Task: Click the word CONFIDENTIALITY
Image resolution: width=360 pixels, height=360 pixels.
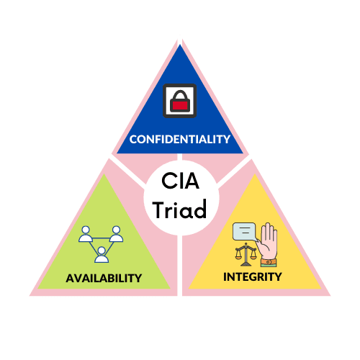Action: pos(180,139)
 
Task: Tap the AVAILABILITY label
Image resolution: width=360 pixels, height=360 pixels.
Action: pos(104,278)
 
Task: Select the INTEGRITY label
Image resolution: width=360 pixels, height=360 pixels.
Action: pos(253,276)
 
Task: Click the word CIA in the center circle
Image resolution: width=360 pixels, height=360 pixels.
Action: pos(180,181)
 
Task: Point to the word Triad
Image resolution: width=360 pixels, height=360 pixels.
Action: pos(180,210)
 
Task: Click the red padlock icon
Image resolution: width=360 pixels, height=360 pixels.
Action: pos(180,101)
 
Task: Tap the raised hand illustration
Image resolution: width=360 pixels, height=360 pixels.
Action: pos(268,244)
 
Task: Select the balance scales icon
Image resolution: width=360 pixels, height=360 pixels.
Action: pos(246,254)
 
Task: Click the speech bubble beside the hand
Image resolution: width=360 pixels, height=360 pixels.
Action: pos(245,232)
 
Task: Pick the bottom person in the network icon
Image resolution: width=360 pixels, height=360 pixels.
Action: pos(102,255)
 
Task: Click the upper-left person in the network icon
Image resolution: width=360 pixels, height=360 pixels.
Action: pos(86,234)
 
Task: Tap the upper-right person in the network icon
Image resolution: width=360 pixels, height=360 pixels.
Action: pos(116,234)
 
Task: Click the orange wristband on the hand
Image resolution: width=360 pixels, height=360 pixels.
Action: pos(269,261)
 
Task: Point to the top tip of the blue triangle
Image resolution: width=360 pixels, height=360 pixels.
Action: pos(180,45)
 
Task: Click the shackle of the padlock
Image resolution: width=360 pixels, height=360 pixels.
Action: pos(180,95)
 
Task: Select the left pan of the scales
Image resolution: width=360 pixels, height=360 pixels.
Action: pos(238,256)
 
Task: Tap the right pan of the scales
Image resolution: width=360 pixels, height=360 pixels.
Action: pos(253,256)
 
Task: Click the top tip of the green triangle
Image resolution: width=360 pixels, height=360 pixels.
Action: pos(104,174)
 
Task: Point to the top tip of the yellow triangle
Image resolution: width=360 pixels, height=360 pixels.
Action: pos(255,174)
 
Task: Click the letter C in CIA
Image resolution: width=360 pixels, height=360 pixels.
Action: pos(168,181)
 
